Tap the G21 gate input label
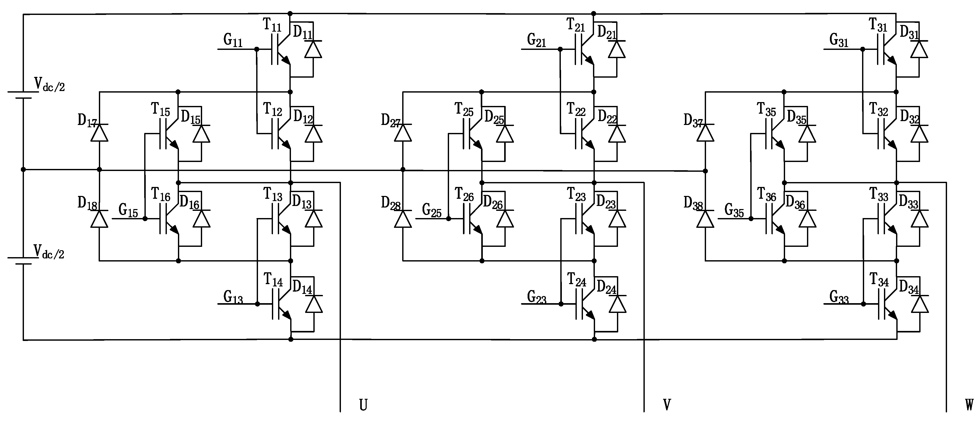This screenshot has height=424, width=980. (x=536, y=40)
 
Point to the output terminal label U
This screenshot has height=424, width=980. (x=363, y=405)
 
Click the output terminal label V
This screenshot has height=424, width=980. (x=667, y=405)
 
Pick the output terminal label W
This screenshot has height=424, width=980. (x=969, y=405)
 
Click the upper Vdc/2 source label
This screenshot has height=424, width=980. (x=49, y=84)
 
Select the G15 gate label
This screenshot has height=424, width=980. (x=128, y=210)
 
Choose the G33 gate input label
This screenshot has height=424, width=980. (x=839, y=297)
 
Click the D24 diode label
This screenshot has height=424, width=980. (x=606, y=288)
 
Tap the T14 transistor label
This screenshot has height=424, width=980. (x=273, y=280)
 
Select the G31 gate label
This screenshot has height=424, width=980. (x=839, y=40)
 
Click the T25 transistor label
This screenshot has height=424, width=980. (x=464, y=110)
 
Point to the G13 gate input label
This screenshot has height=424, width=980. (x=233, y=297)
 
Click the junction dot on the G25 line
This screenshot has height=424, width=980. (x=449, y=219)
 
